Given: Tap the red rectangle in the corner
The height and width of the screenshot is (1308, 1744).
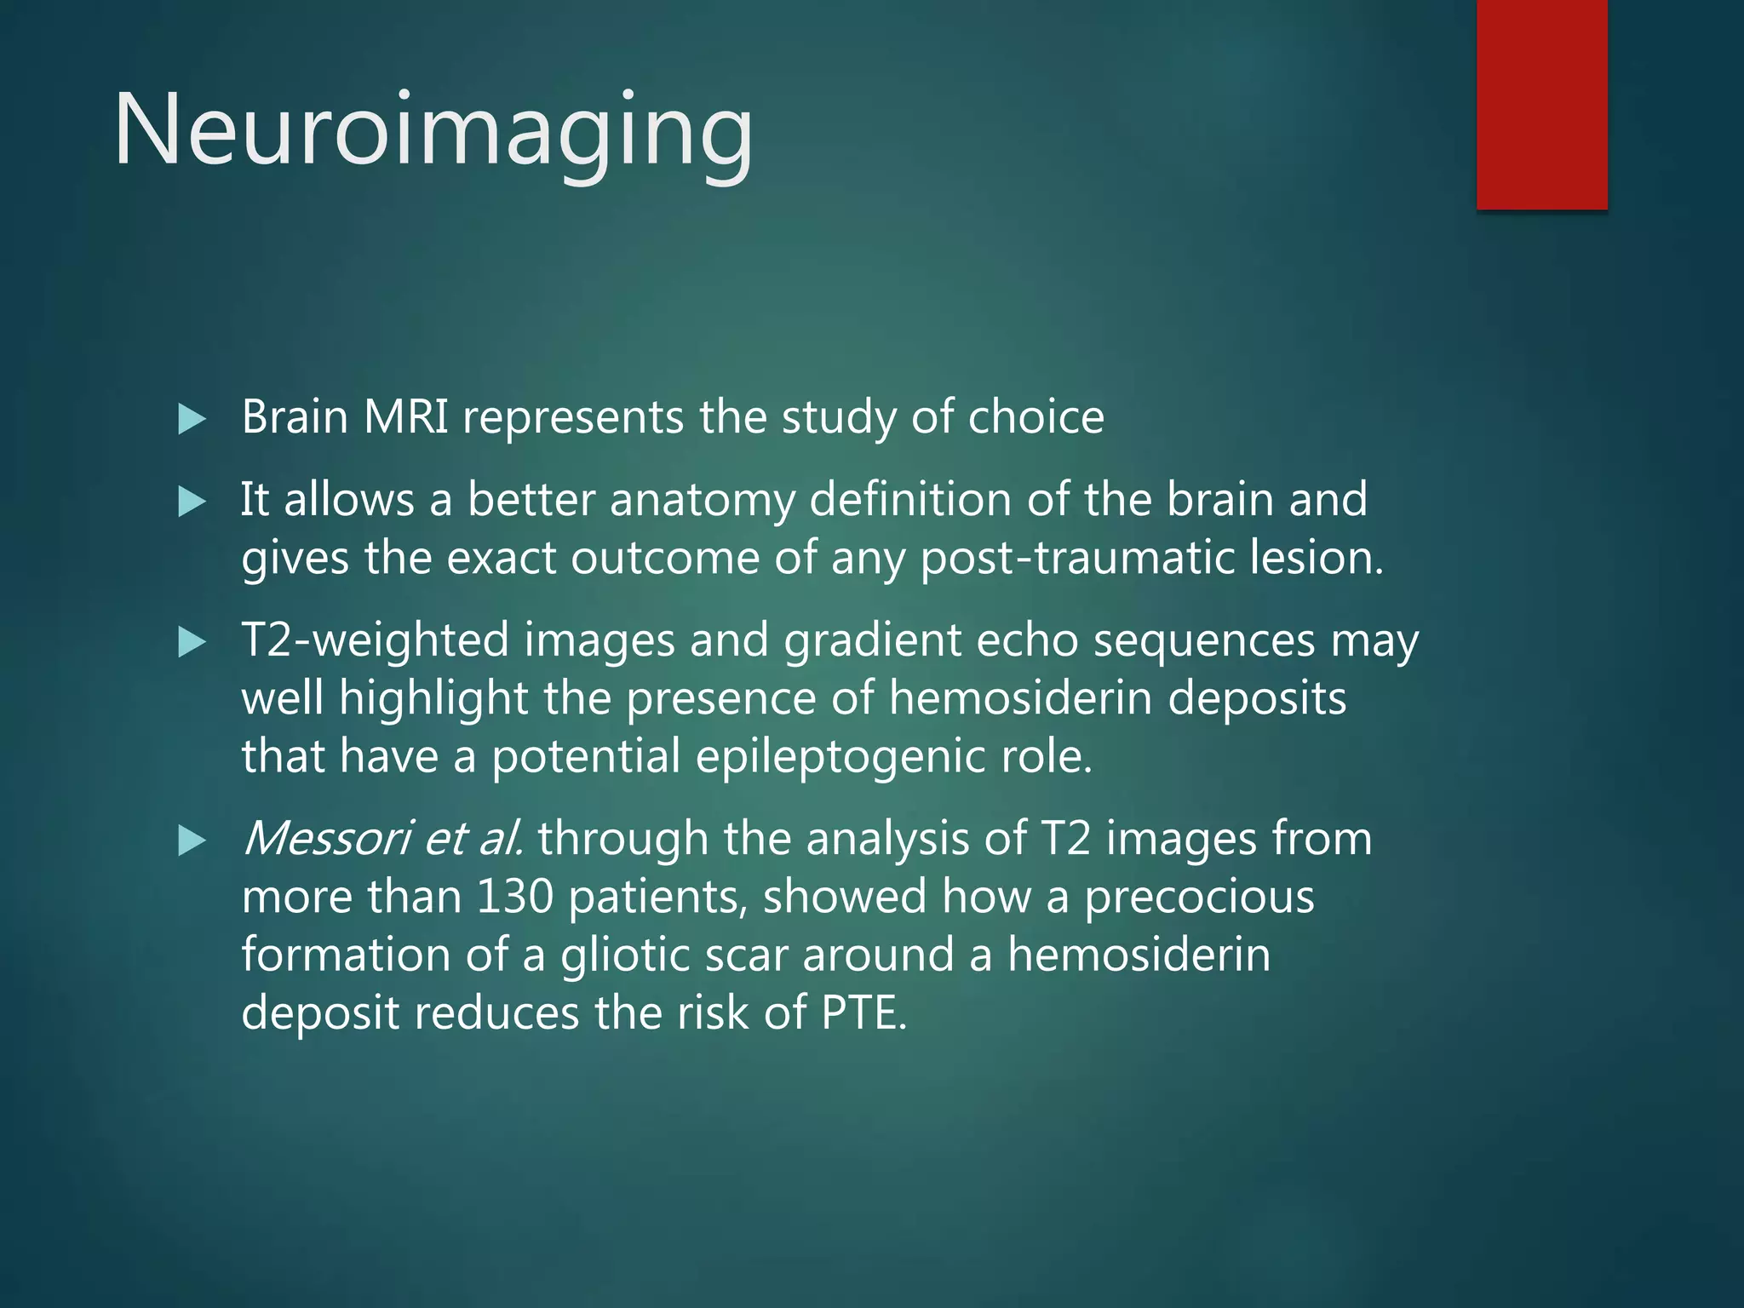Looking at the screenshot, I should [x=1541, y=104].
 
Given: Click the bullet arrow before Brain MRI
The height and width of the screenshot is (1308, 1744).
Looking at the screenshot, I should [x=192, y=419].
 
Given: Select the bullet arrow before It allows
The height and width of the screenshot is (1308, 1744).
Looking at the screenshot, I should [x=192, y=501].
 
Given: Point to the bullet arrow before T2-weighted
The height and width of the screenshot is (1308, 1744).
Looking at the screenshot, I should [x=192, y=642].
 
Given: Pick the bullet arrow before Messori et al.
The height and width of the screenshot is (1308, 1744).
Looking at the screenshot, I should [x=192, y=840].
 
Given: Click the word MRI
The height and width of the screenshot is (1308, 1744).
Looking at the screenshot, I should [x=405, y=417].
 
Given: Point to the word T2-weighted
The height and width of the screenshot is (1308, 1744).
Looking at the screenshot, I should [x=375, y=640].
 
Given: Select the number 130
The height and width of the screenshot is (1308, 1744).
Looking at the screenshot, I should [x=514, y=897].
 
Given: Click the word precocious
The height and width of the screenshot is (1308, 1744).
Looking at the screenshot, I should [x=1199, y=897].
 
